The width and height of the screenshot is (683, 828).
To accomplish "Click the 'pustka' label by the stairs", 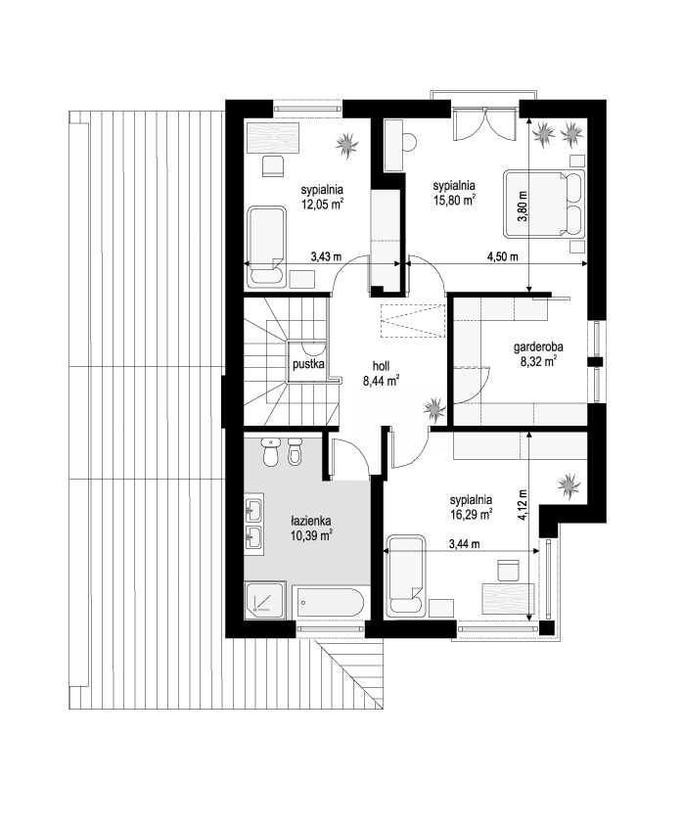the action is [307, 364].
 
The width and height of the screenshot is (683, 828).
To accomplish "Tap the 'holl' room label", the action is [381, 366].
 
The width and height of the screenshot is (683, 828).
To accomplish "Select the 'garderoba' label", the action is [538, 346].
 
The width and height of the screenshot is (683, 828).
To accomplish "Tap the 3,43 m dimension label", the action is [326, 257].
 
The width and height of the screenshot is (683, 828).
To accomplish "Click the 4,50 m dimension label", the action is [503, 257].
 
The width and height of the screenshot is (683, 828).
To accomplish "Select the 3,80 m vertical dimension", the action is [524, 206].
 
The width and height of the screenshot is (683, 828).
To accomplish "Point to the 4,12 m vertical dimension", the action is [523, 505].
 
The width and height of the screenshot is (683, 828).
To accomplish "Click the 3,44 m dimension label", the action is [465, 544].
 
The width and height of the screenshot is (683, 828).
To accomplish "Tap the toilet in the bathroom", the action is [271, 451].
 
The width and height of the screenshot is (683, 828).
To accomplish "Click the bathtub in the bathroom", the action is [331, 603].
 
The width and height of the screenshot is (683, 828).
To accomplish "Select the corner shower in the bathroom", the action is [265, 600].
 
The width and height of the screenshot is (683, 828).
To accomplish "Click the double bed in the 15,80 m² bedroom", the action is [544, 203].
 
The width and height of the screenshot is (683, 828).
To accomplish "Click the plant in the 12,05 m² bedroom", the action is [346, 144].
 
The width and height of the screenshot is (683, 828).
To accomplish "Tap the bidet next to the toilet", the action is [295, 451].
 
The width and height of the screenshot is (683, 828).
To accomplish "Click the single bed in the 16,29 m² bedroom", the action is [405, 576].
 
